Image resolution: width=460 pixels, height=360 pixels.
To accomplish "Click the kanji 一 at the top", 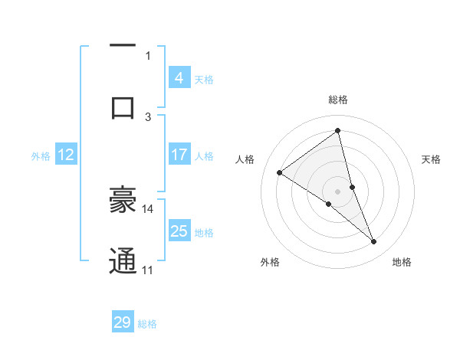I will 123,45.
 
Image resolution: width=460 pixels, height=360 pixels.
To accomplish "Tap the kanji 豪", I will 123,201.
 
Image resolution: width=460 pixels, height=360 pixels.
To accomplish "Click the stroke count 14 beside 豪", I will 148,208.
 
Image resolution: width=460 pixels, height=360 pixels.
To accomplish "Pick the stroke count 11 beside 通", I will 148,270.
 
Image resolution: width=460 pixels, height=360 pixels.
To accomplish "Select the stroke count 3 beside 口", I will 148,116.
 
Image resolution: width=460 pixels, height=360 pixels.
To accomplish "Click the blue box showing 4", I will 179,77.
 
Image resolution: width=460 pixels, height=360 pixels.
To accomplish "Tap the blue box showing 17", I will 179,155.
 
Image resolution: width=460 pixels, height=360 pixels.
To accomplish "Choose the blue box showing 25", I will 179,231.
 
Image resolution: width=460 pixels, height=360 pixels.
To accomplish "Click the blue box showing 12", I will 65,155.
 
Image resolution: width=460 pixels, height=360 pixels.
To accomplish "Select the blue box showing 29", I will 123,322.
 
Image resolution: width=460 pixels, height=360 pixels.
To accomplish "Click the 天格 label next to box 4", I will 204,79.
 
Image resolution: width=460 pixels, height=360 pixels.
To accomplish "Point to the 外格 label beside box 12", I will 41,156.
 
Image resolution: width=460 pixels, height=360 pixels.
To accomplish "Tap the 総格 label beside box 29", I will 147,324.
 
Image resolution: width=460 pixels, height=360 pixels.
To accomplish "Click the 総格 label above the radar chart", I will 338,100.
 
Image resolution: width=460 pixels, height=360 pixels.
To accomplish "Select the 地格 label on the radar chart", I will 402,262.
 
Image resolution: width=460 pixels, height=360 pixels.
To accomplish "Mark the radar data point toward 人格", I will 280,172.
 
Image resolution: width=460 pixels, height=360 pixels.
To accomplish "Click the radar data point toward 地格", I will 374,242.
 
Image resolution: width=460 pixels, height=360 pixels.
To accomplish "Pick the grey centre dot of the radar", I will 338,191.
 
